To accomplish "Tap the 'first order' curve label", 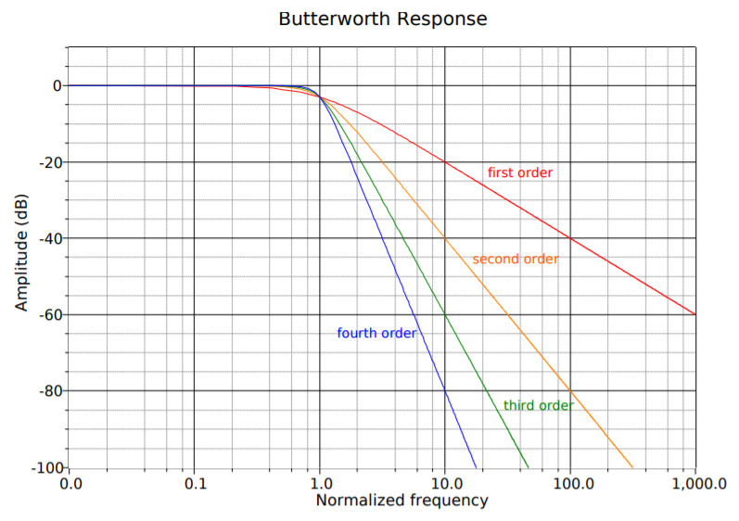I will tap(519, 172).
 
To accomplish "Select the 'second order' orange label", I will tap(515, 259).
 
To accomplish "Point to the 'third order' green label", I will tap(538, 405).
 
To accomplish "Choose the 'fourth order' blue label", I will tap(376, 333).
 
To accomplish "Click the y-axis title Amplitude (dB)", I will tap(21, 252).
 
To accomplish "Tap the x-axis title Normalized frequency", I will tap(401, 501).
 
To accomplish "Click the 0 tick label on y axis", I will tap(57, 86).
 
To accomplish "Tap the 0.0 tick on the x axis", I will tap(70, 483).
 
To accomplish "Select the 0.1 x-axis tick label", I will tap(194, 483).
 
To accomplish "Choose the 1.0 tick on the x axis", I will tap(319, 483).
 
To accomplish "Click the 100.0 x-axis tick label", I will tap(569, 483).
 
